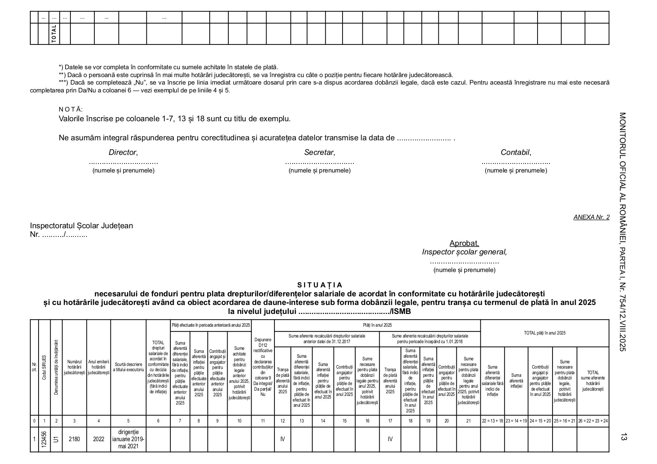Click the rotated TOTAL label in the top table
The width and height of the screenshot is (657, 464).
[x=54, y=34]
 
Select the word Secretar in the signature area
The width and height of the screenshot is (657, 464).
[x=319, y=152]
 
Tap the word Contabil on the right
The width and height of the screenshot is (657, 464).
[x=515, y=152]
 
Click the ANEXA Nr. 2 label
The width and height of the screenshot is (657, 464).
[x=591, y=217]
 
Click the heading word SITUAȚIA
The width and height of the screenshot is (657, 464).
[x=320, y=285]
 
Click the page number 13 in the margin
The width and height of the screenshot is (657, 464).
[x=624, y=437]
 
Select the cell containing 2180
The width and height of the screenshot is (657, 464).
[x=74, y=439]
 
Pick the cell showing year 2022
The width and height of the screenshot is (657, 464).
[x=98, y=439]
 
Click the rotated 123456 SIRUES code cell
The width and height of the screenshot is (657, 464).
[x=44, y=439]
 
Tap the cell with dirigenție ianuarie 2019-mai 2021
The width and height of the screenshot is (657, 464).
[x=128, y=439]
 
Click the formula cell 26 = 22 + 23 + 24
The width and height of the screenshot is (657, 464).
[x=593, y=421]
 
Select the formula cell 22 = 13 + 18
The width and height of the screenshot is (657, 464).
[x=492, y=421]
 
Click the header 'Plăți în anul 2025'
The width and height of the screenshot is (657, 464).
[x=377, y=325]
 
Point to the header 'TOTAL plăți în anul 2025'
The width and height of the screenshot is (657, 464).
[x=545, y=333]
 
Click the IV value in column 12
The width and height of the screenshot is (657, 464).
[x=282, y=439]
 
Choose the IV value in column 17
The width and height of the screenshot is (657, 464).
[x=390, y=439]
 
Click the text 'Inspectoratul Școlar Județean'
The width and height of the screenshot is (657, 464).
[x=81, y=226]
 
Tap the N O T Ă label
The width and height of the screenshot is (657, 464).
[x=70, y=109]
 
